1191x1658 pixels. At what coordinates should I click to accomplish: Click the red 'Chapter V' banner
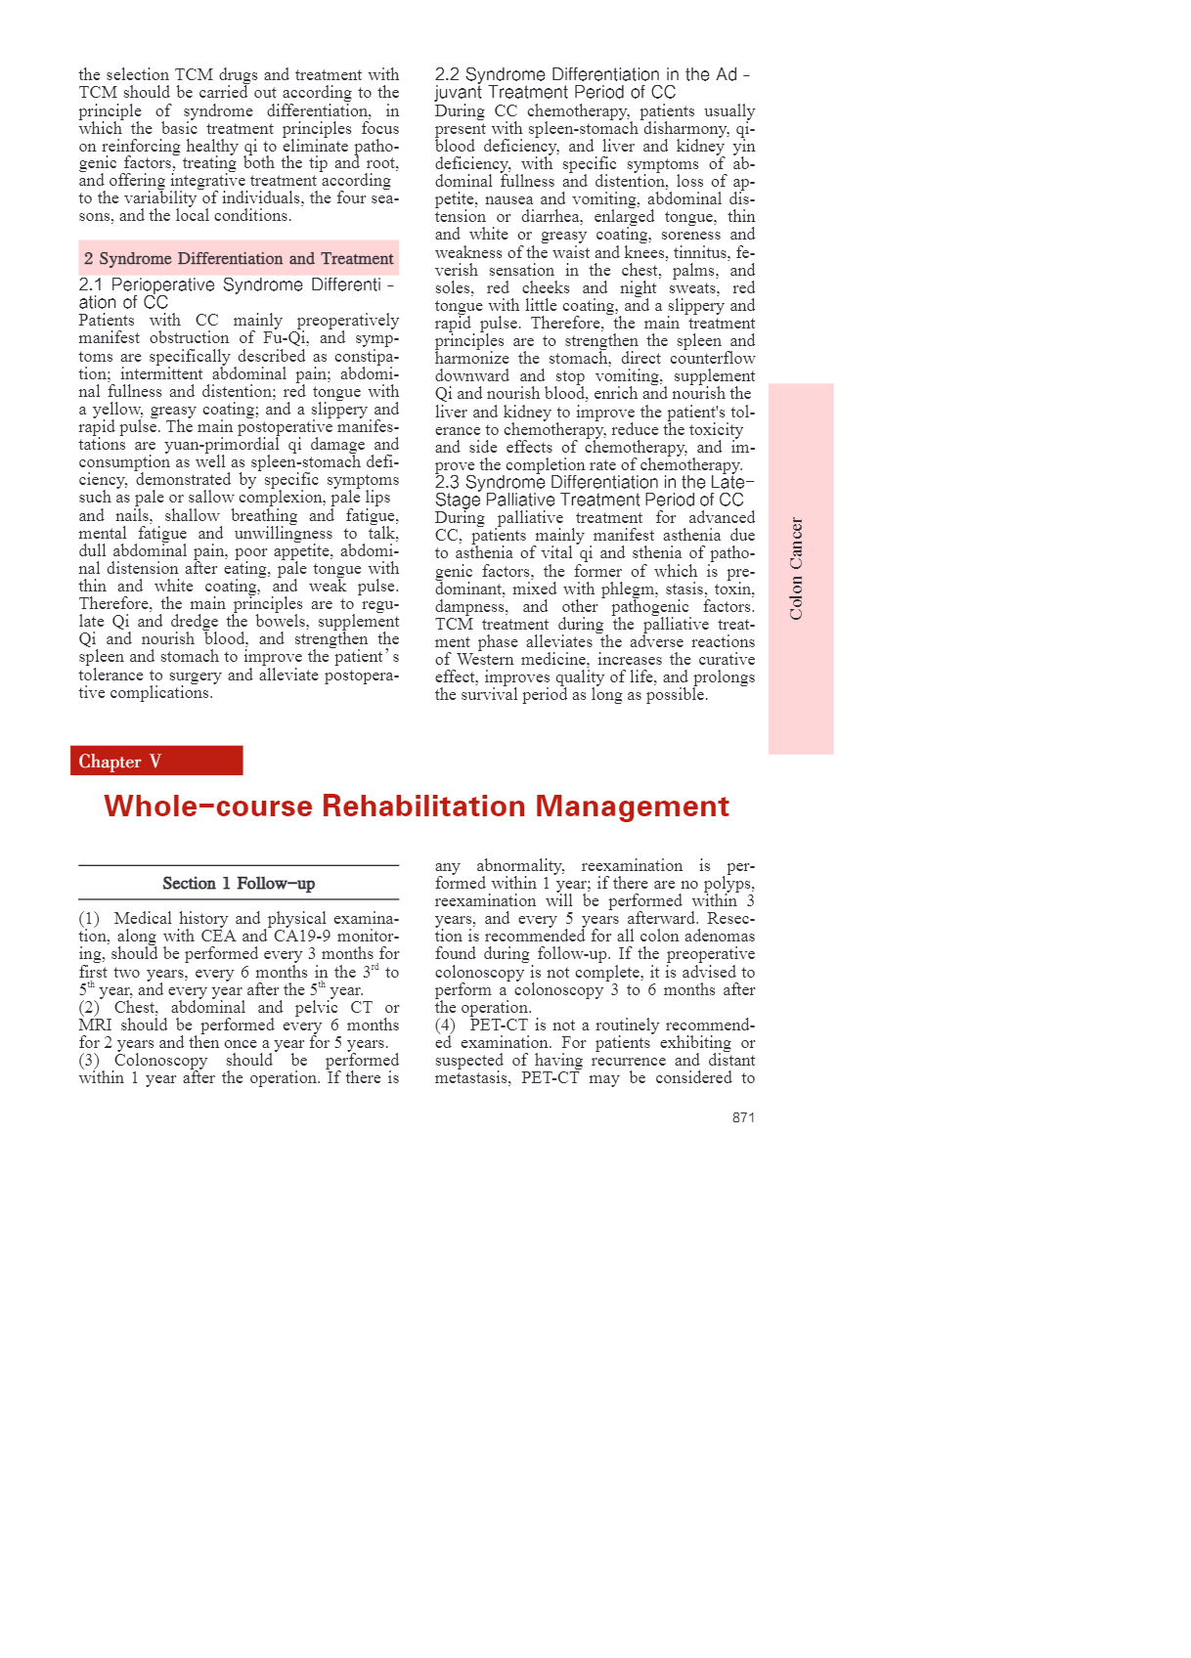point(155,762)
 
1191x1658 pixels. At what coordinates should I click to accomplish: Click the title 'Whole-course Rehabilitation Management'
point(417,807)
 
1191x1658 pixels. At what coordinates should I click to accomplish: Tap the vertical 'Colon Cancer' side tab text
point(797,568)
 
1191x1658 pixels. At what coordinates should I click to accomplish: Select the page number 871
point(743,1117)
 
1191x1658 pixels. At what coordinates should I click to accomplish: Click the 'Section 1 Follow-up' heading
point(239,884)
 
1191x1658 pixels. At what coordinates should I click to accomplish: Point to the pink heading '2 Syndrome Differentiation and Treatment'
point(239,259)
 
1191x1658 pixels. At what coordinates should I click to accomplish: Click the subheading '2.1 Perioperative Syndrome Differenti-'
point(236,284)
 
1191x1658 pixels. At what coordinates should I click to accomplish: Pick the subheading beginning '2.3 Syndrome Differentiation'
point(594,483)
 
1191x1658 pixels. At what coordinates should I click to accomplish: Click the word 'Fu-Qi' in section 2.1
point(285,338)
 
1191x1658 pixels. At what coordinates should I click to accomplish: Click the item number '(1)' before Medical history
point(90,919)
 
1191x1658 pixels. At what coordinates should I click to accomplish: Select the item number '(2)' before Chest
point(90,1008)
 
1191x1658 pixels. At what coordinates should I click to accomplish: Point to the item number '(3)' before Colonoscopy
point(90,1061)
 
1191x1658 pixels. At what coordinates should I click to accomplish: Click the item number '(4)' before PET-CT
point(446,1025)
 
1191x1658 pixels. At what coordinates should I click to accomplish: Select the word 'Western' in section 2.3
point(484,660)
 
